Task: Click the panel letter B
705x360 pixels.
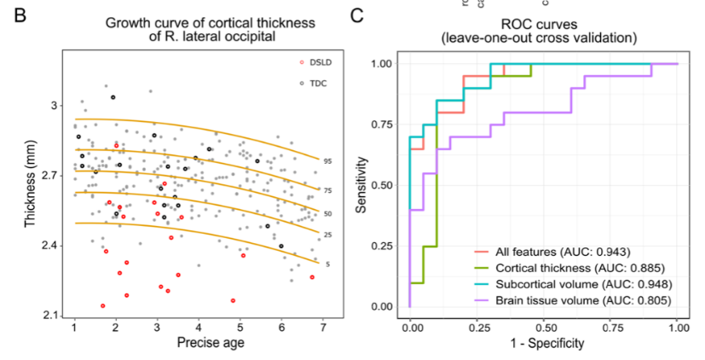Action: coord(15,14)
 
